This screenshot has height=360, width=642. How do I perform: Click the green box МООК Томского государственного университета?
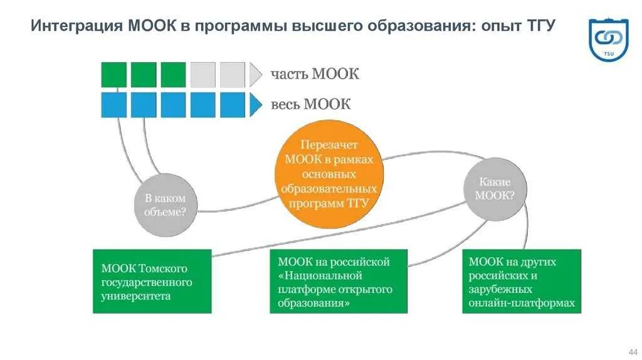(152, 282)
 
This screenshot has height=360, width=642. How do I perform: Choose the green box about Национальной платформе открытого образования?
(339, 282)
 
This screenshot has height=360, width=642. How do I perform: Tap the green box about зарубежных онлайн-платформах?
(522, 282)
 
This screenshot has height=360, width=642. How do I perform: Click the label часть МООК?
(315, 74)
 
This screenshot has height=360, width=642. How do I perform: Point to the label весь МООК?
(310, 104)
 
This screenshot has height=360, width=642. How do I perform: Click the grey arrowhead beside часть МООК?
(255, 75)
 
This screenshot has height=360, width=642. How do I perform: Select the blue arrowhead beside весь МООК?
(255, 105)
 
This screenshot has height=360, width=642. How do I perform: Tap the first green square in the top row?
(113, 75)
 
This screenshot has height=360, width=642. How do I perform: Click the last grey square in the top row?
(233, 75)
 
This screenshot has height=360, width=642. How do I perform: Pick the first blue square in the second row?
(113, 105)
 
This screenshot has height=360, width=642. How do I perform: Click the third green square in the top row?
(173, 75)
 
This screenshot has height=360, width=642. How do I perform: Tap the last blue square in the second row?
(233, 105)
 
